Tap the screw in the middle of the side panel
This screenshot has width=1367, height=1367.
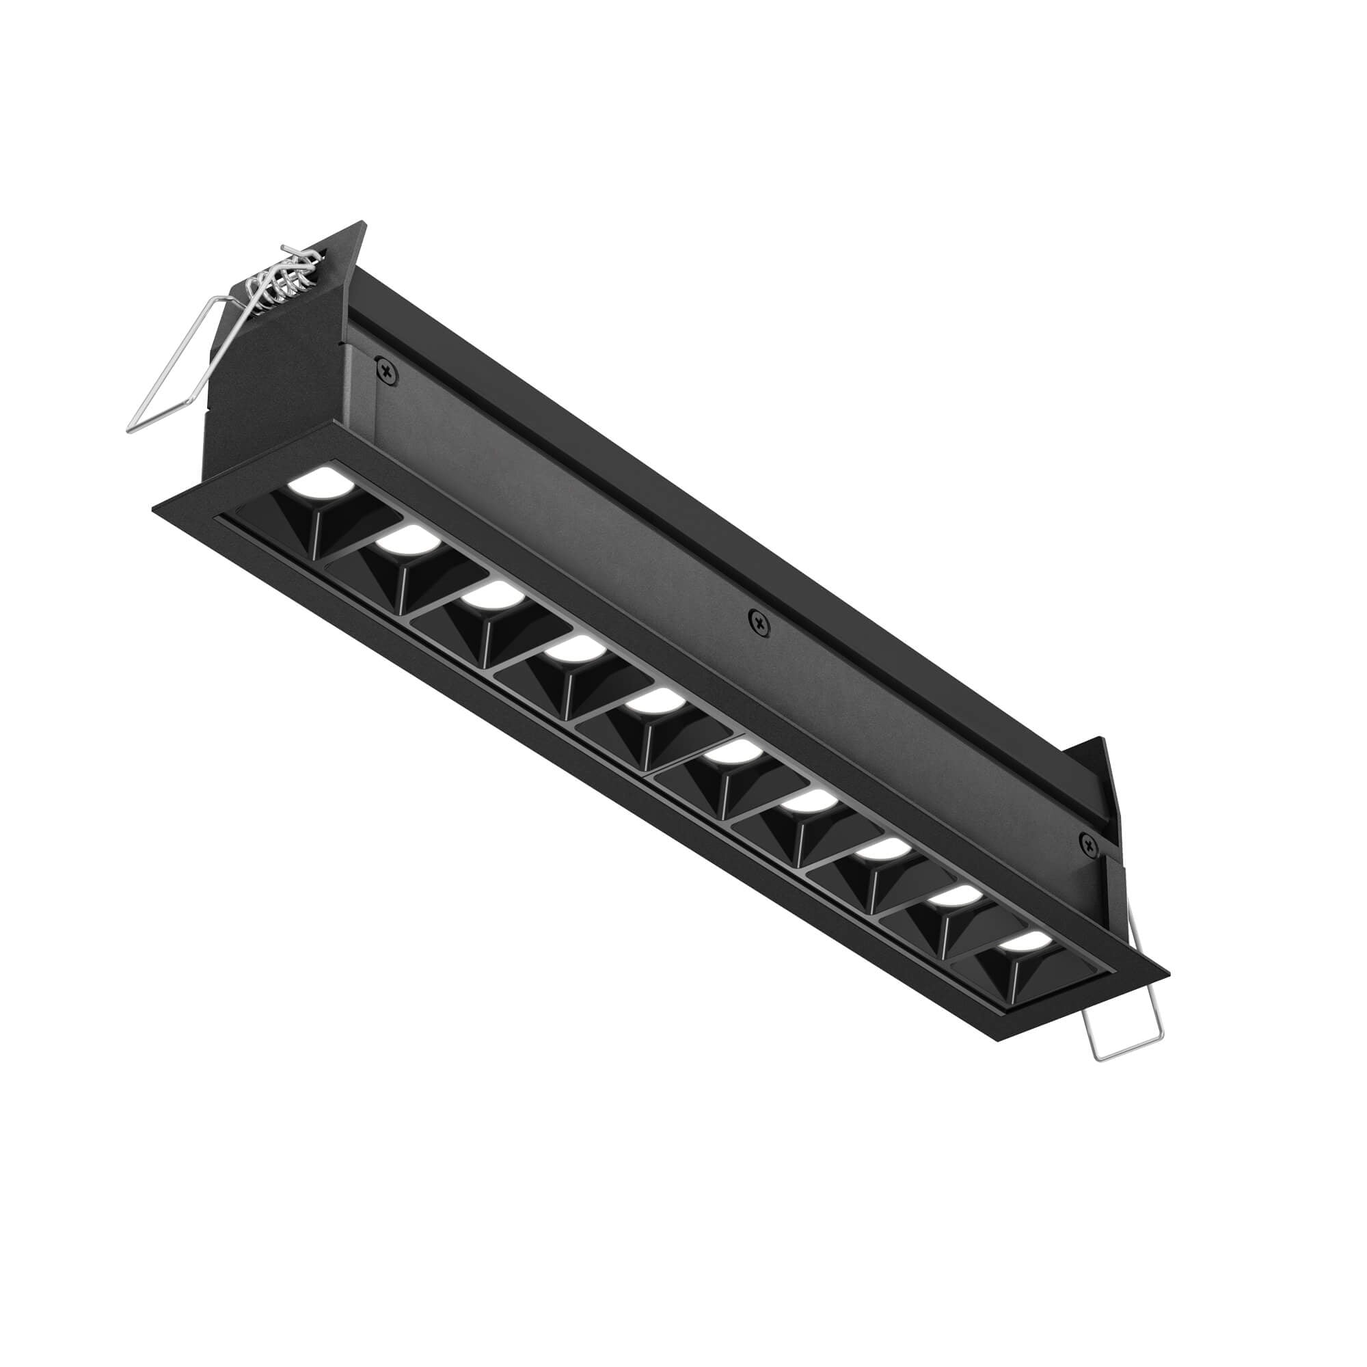click(760, 623)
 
